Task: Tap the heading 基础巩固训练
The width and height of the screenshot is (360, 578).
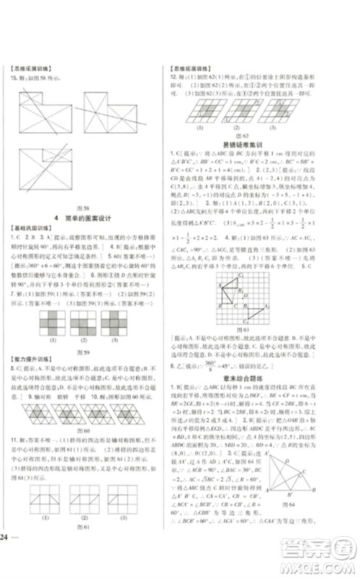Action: tap(27, 228)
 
